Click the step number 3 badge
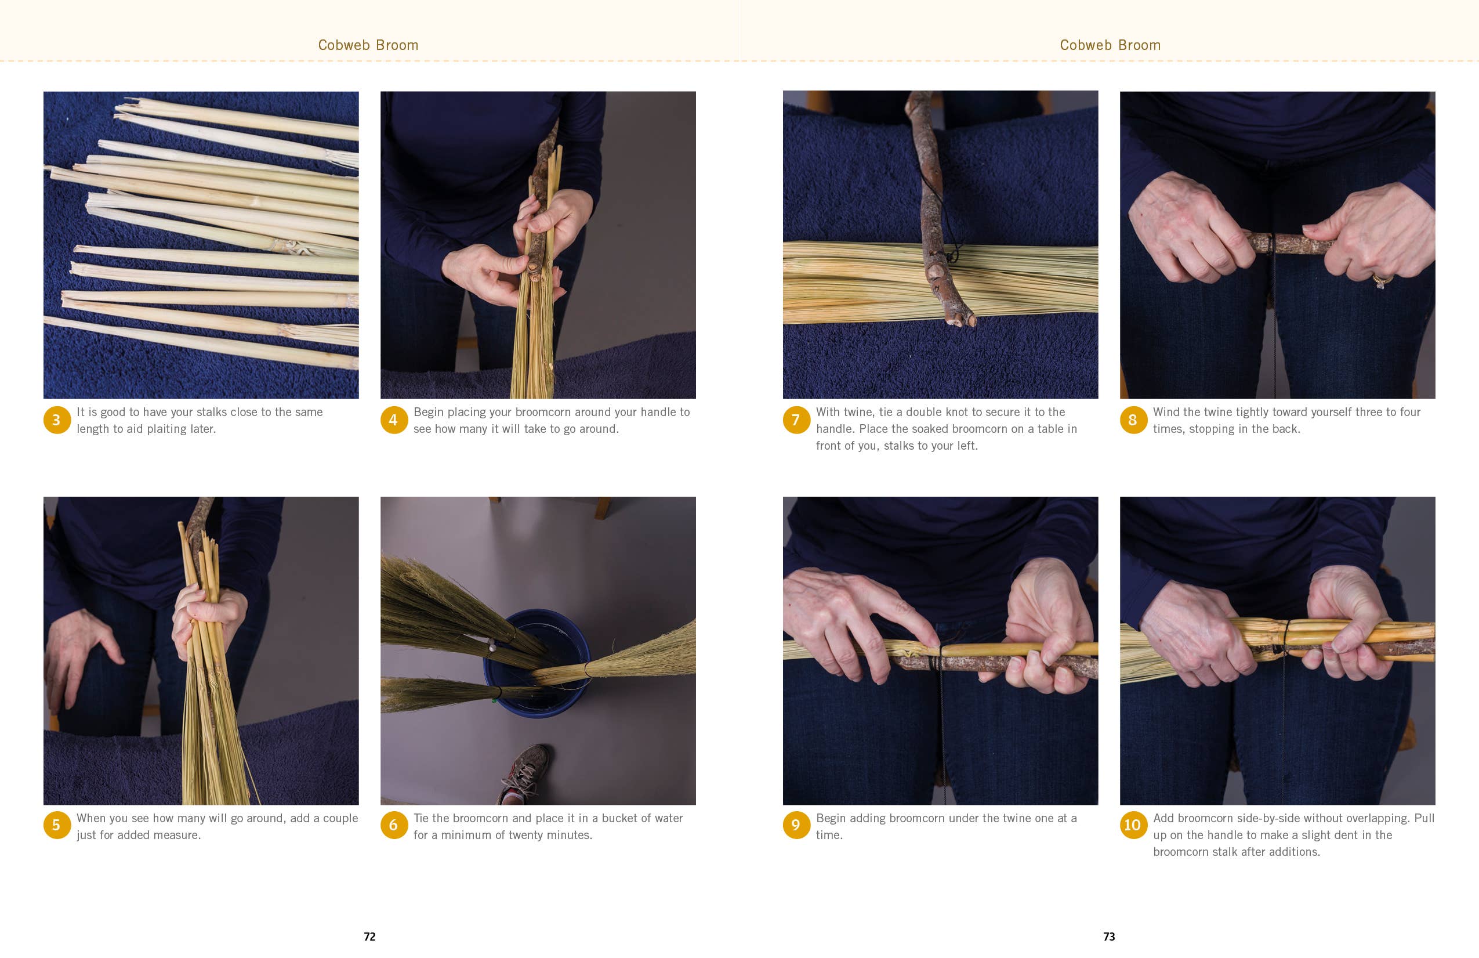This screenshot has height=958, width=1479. click(x=57, y=420)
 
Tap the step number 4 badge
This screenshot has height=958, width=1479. click(x=393, y=420)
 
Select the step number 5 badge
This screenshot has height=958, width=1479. click(x=57, y=825)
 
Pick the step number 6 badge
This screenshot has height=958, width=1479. click(x=393, y=825)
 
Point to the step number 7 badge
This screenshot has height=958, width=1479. click(x=796, y=420)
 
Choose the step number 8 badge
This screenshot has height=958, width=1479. click(x=1133, y=420)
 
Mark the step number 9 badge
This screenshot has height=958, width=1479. click(x=796, y=825)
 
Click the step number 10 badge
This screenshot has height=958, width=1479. click(x=1133, y=825)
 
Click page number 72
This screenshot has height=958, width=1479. click(x=370, y=937)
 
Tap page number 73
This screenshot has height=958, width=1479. click(x=1109, y=937)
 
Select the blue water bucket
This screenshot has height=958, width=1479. click(x=536, y=663)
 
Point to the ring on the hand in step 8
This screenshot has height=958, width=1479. click(x=1382, y=280)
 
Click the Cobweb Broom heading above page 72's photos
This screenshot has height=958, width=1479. click(x=368, y=45)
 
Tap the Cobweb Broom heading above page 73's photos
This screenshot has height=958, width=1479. click(x=1110, y=45)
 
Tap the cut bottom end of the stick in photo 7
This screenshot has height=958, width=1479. click(x=962, y=321)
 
